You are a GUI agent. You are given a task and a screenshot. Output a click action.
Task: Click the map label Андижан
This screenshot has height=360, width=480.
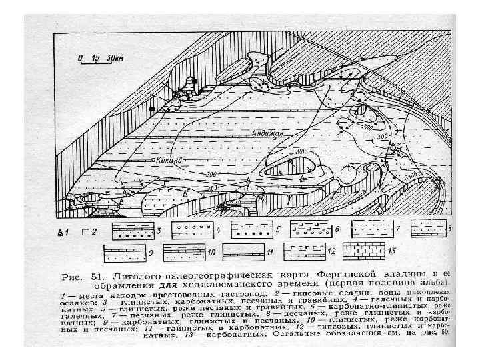(269, 133)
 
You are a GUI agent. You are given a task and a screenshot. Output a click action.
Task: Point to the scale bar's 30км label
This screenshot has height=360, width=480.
(115, 58)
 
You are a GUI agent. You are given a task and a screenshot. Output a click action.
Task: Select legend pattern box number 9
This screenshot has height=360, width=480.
(123, 253)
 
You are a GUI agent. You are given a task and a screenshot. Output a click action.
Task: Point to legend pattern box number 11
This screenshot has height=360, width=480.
(243, 253)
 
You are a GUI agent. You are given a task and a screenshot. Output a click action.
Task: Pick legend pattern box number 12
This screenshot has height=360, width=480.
(304, 253)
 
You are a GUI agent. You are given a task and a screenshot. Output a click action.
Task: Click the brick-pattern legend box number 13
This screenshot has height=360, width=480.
(364, 253)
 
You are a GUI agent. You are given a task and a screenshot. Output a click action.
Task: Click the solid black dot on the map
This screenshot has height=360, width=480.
(153, 108)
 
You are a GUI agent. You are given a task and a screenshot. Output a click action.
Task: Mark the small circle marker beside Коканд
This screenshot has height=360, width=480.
(153, 161)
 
